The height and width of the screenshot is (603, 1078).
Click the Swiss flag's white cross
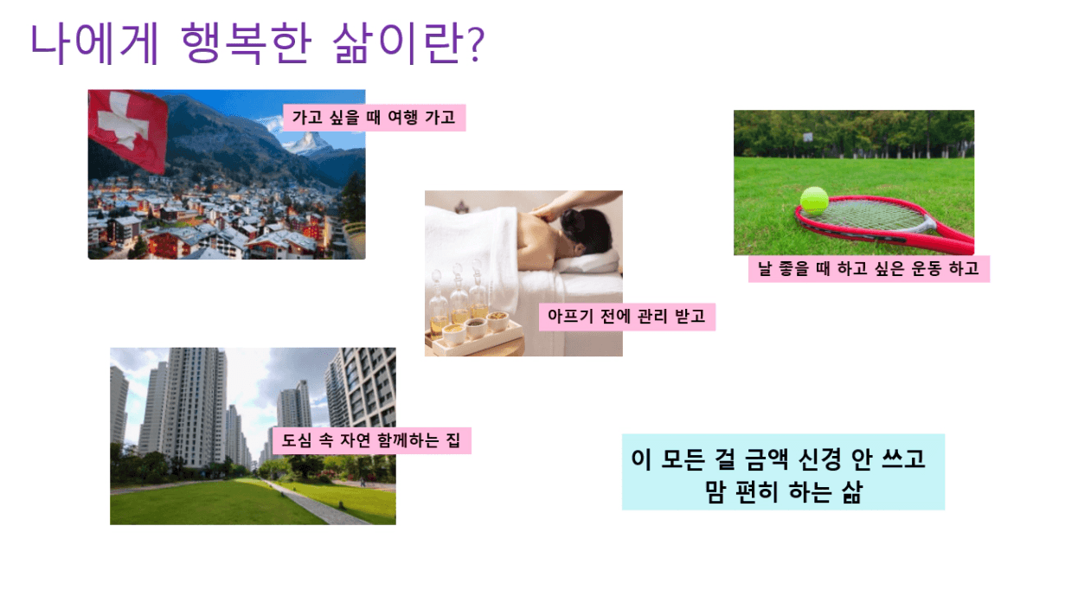[122, 120]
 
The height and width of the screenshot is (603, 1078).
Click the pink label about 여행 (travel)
[374, 118]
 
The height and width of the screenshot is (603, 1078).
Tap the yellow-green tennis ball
[814, 199]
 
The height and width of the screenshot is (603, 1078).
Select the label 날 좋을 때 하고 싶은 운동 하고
[869, 268]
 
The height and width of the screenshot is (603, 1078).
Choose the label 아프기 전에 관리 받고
[626, 317]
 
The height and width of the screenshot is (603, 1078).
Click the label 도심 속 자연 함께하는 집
[371, 440]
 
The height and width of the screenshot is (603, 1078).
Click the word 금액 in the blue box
[767, 459]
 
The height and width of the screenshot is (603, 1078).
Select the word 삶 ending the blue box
[850, 492]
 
